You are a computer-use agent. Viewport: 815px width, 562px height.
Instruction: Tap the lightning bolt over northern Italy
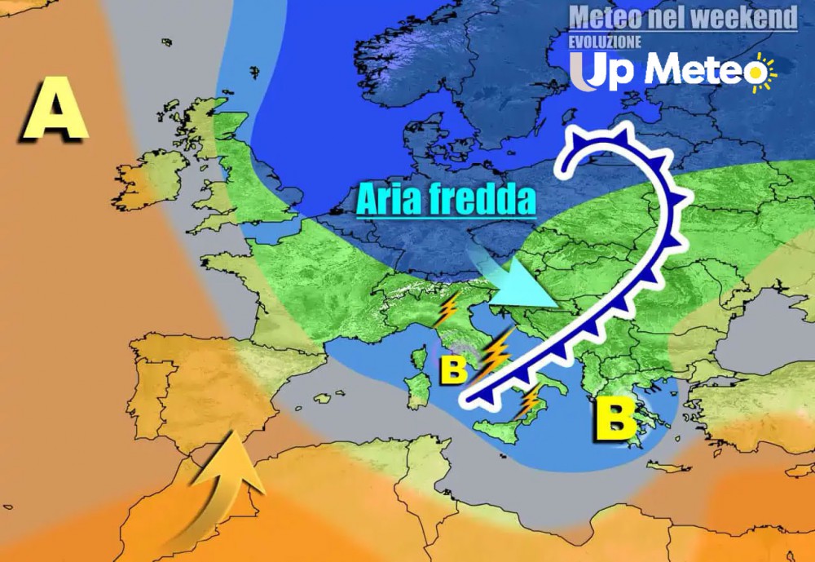[447, 309]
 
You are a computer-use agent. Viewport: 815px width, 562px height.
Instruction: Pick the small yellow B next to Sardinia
[453, 369]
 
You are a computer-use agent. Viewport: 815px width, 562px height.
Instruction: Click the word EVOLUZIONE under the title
[605, 41]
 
